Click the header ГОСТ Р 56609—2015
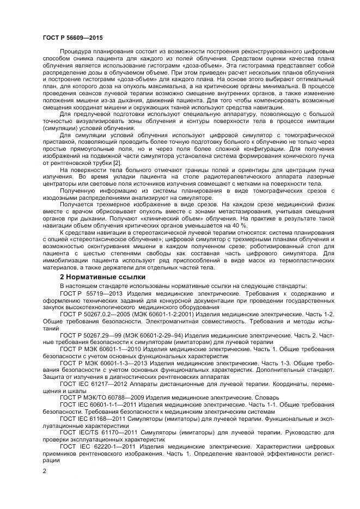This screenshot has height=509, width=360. (x=72, y=38)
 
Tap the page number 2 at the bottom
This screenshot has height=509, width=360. (x=44, y=471)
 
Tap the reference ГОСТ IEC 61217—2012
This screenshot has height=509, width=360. (x=93, y=383)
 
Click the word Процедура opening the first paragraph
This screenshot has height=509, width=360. (x=76, y=51)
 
